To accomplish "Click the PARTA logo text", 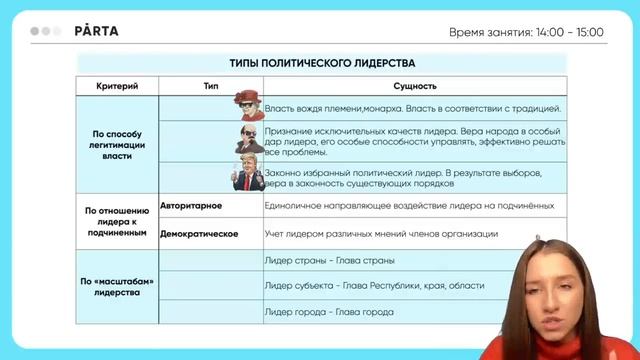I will pos(96,31).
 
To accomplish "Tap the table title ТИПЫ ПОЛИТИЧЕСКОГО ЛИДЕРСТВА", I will pos(321,63).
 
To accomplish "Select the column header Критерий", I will pos(118,86).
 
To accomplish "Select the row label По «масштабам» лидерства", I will pos(118,286).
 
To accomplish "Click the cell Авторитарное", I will pos(191,205).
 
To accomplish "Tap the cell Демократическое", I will pos(199,233).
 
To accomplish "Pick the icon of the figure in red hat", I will pos(245,103).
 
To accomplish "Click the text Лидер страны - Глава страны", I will pos(329,260).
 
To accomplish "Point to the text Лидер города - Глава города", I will pos(329,312).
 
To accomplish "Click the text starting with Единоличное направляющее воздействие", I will pos(409,205).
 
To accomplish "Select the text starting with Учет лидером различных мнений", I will pos(381,233).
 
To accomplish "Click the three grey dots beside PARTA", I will pos(47,31).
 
